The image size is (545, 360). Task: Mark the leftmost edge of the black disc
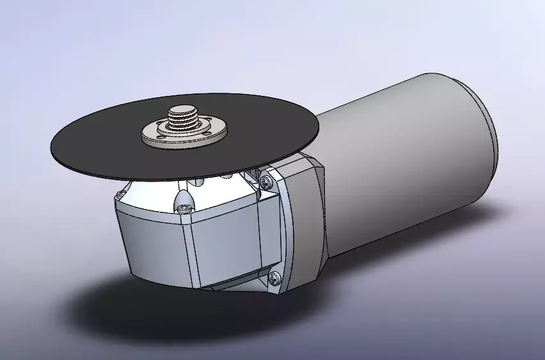51,146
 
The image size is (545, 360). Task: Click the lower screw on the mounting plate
276,278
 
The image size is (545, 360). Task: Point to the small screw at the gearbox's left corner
121,193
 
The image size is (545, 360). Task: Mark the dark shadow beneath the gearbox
128,307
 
